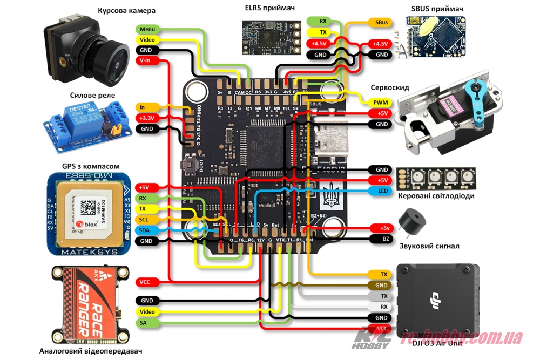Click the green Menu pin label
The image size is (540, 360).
coord(146,29)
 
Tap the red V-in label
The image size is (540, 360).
coord(146,61)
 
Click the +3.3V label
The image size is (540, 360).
coord(146,118)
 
